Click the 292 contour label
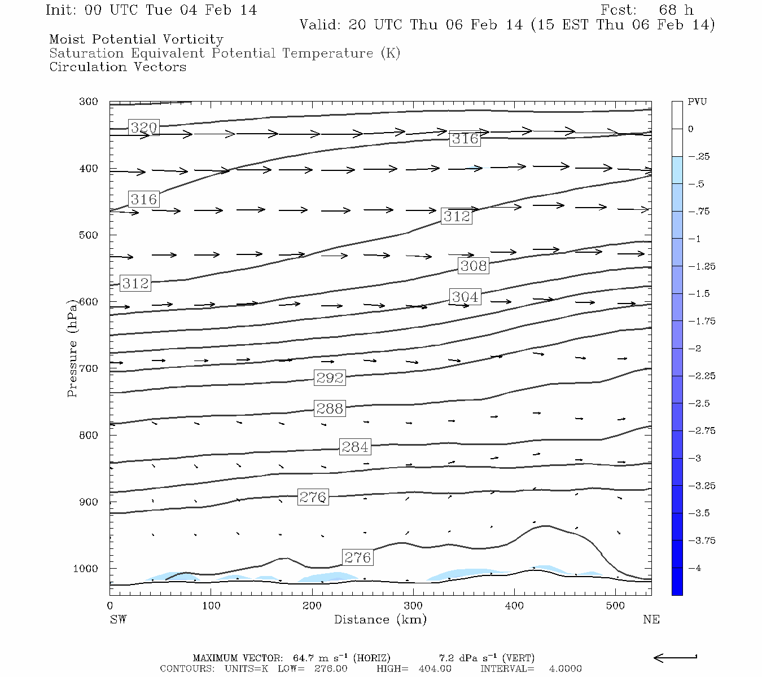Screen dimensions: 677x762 [330, 377]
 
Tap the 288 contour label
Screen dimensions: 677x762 [330, 408]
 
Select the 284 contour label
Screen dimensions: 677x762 [355, 447]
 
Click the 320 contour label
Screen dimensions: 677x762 [143, 128]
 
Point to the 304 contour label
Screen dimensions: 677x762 [465, 297]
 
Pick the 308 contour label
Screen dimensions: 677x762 [473, 266]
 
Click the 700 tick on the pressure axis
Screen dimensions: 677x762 [88, 368]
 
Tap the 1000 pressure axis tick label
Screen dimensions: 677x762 [85, 569]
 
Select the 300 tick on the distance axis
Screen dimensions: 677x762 [413, 606]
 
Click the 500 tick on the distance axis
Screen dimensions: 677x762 [615, 606]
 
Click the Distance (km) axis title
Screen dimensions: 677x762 [380, 619]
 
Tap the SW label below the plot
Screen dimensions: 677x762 [118, 619]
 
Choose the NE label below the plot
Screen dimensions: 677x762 [651, 619]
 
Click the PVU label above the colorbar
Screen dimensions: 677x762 [697, 102]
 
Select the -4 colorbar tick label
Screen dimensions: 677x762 [695, 568]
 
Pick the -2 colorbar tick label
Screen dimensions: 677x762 [695, 349]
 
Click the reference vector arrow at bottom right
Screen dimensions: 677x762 [675, 657]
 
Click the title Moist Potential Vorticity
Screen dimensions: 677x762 [136, 39]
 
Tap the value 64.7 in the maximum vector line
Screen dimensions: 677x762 [304, 658]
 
